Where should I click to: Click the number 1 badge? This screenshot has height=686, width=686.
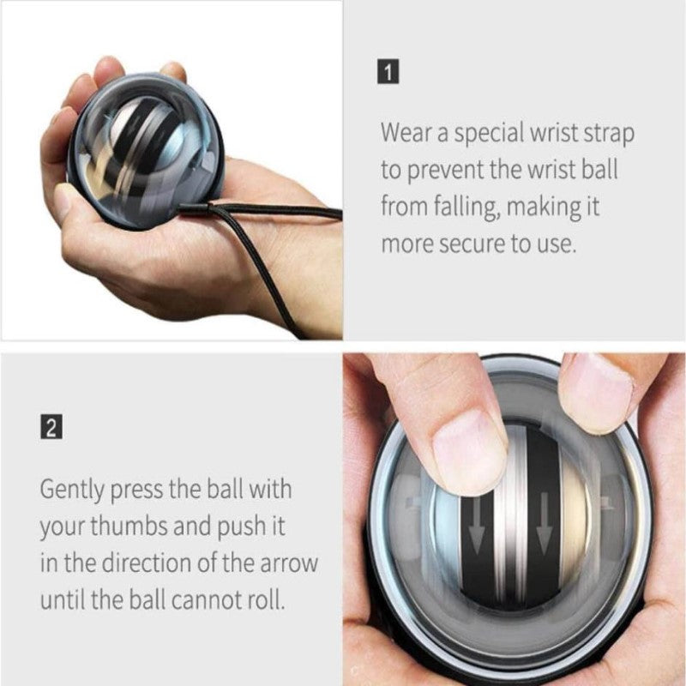(x=389, y=72)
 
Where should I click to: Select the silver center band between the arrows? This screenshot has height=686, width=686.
(x=512, y=532)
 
